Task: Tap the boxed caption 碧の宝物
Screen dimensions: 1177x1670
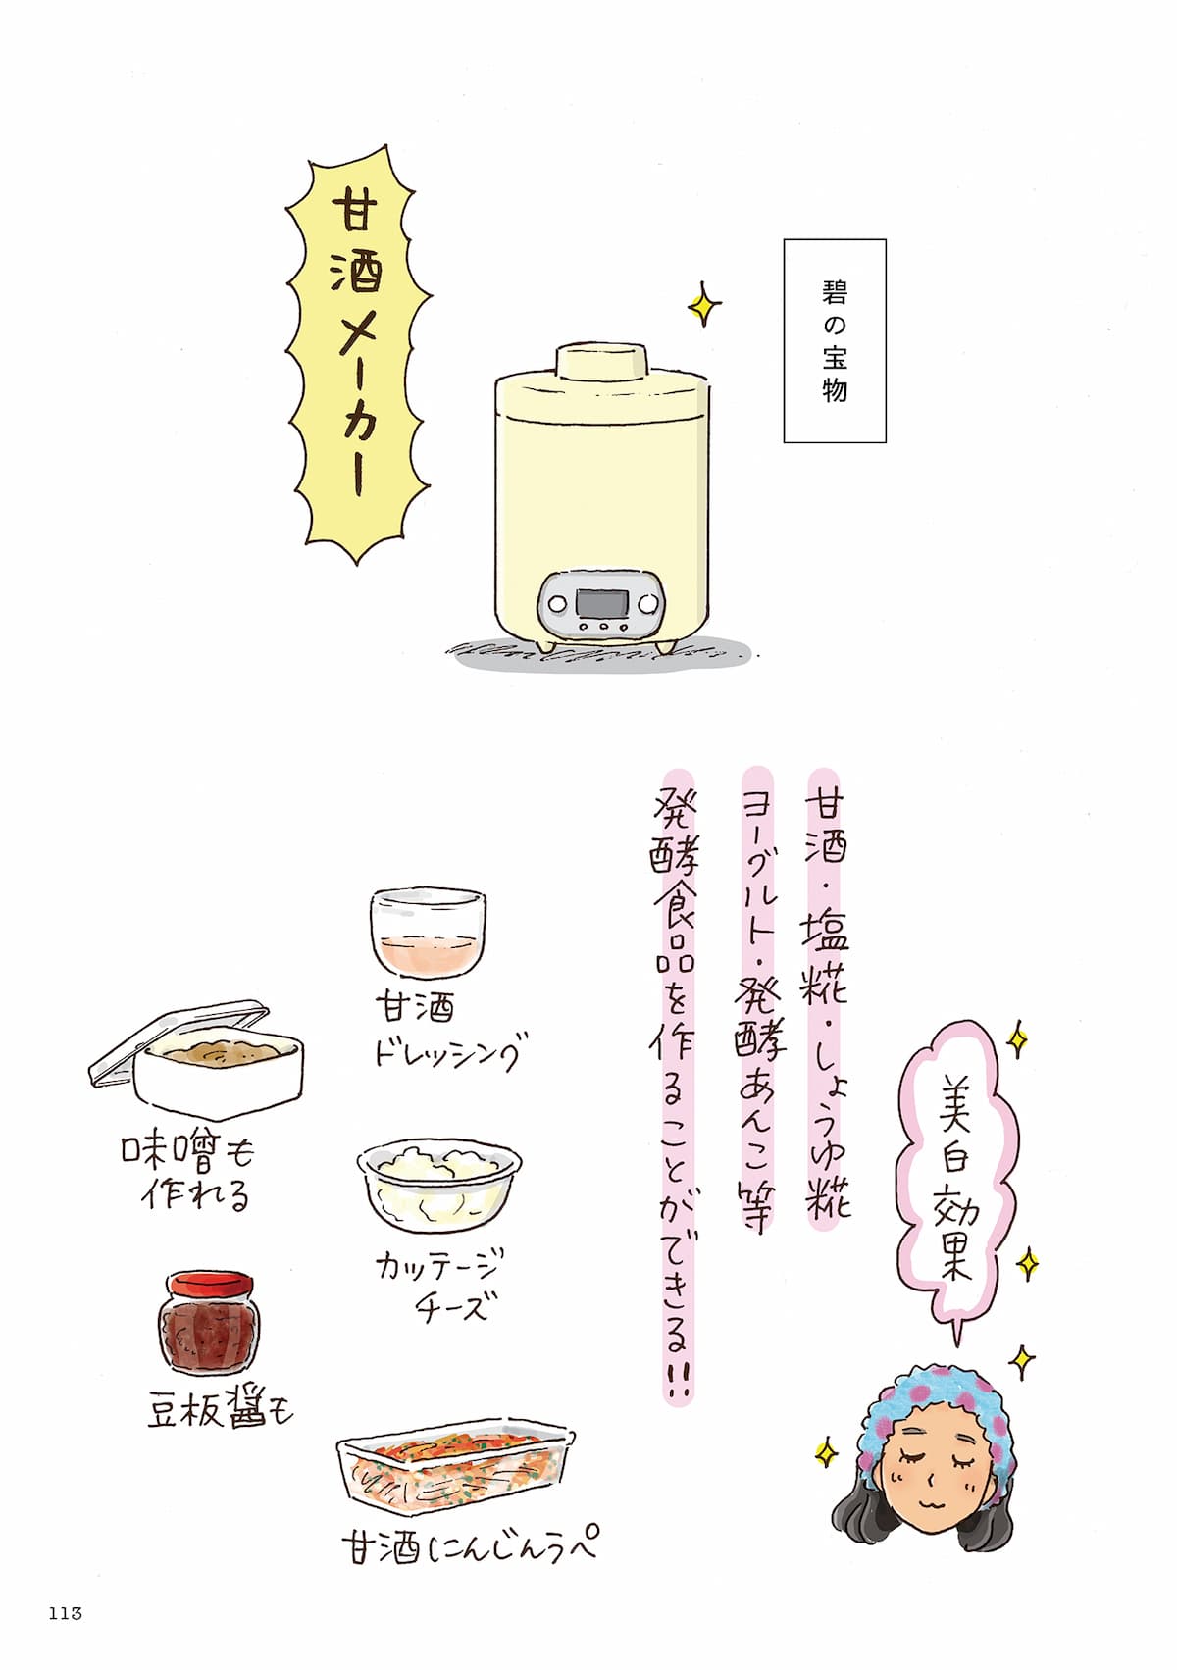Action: [x=835, y=340]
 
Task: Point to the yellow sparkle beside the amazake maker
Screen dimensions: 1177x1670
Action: [x=703, y=305]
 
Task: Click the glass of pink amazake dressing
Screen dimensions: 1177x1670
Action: [x=429, y=932]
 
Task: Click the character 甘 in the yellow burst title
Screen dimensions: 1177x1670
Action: [x=354, y=213]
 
